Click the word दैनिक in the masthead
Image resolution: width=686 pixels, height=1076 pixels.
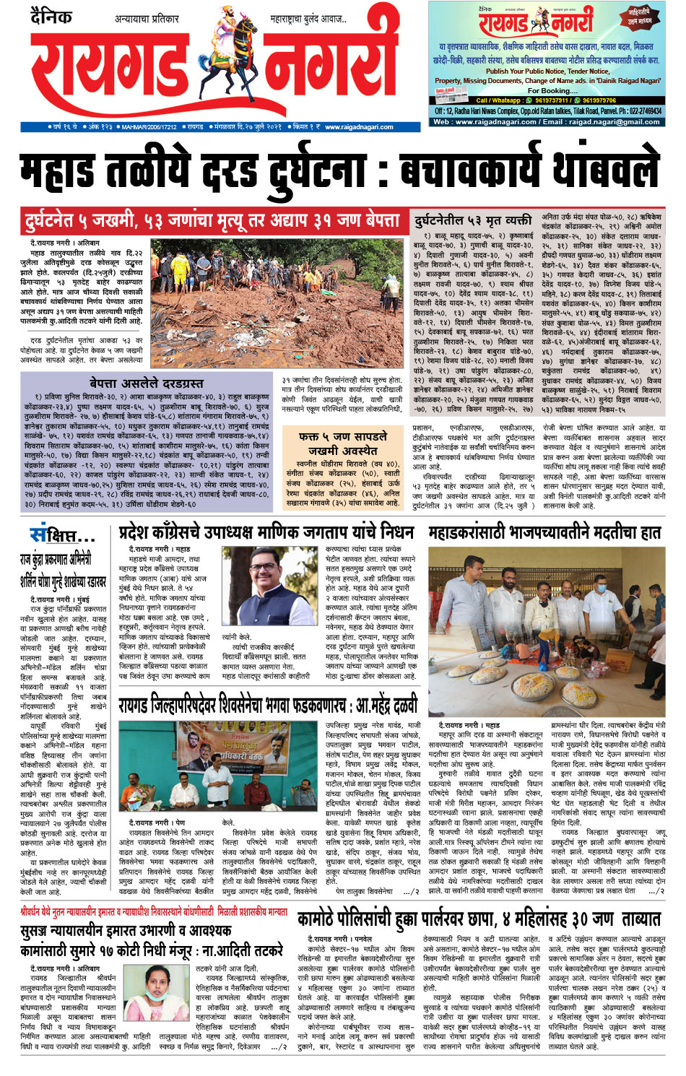[51, 15]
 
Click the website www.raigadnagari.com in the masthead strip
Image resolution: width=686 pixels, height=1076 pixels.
[359, 126]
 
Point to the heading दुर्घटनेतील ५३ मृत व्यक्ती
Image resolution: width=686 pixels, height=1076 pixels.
[473, 220]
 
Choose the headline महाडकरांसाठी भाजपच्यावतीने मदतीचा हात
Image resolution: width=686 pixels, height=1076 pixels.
[544, 533]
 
